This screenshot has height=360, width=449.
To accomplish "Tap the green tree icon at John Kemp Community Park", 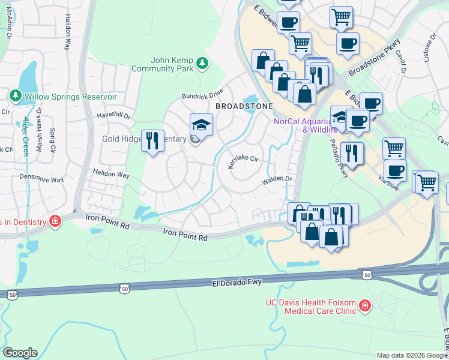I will pos(203,62).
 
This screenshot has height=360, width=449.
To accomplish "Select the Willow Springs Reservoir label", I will pos(70,96).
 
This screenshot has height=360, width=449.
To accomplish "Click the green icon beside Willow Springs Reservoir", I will pos(16,95).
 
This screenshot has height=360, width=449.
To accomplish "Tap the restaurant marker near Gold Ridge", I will pos(152,141).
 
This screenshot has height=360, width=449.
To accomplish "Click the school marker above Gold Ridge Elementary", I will pos(201,124).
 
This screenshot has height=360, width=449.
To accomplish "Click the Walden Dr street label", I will pos(276,179).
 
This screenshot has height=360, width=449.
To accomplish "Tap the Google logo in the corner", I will pos(20,353).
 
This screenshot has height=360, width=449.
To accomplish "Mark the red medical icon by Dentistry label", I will pos(55,221).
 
